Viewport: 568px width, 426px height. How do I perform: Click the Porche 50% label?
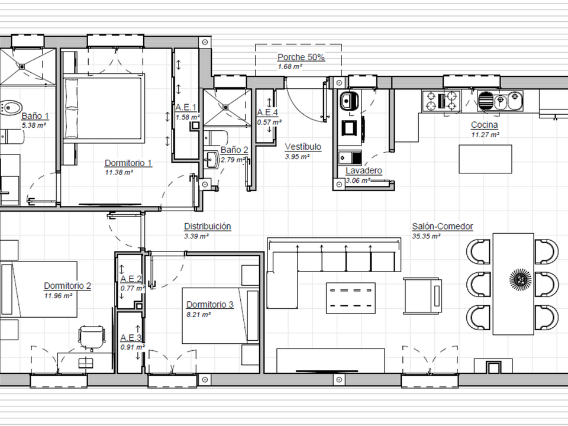301,57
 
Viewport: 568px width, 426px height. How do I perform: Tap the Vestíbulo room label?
303,147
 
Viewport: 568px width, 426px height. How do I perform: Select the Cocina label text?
485,125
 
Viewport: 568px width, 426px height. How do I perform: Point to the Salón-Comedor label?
443,227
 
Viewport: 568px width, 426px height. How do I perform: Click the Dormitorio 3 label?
209,305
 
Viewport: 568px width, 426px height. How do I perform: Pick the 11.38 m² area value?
119,172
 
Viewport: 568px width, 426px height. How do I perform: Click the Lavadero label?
364,170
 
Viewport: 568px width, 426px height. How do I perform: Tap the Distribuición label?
208,227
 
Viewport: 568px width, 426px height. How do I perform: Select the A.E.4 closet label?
267,112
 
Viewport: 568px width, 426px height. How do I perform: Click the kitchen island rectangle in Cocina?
485,159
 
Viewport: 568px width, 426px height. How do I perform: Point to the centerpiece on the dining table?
520,279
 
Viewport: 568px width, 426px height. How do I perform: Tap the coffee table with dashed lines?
351,298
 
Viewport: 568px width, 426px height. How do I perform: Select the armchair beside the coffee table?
422,296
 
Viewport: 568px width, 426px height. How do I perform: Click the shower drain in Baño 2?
226,107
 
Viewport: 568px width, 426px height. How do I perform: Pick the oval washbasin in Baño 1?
10,108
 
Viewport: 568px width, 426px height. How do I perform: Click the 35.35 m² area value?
426,236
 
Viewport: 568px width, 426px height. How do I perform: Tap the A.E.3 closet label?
131,338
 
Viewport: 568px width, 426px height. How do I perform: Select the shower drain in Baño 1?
22,67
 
